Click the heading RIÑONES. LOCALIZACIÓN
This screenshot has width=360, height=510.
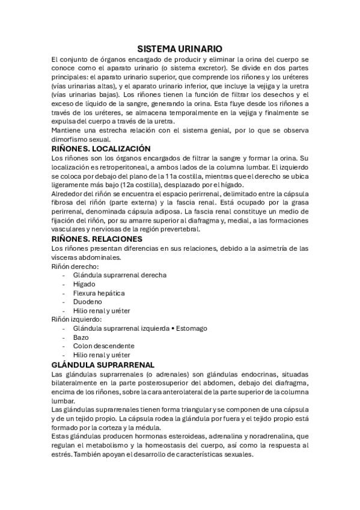click(x=101, y=149)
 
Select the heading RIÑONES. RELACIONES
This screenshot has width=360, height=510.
click(x=97, y=239)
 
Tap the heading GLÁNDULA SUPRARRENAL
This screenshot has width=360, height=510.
click(x=103, y=364)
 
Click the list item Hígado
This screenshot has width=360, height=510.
click(x=84, y=284)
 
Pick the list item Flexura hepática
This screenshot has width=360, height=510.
click(x=99, y=293)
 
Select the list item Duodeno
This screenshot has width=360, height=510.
click(x=87, y=301)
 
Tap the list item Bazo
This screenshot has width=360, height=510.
click(x=81, y=337)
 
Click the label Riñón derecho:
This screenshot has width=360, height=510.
click(x=76, y=266)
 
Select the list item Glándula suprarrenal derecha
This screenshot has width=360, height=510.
click(x=120, y=275)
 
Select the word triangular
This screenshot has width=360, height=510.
click(x=186, y=410)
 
